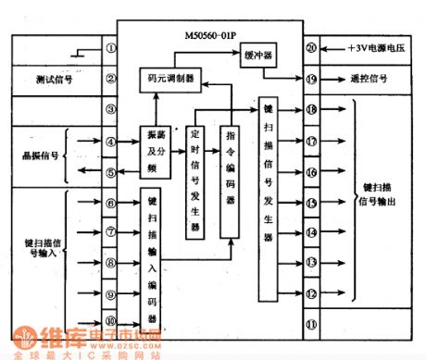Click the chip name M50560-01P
[215, 40]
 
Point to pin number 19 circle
[311, 80]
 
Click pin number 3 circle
[110, 110]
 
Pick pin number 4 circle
[110, 142]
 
